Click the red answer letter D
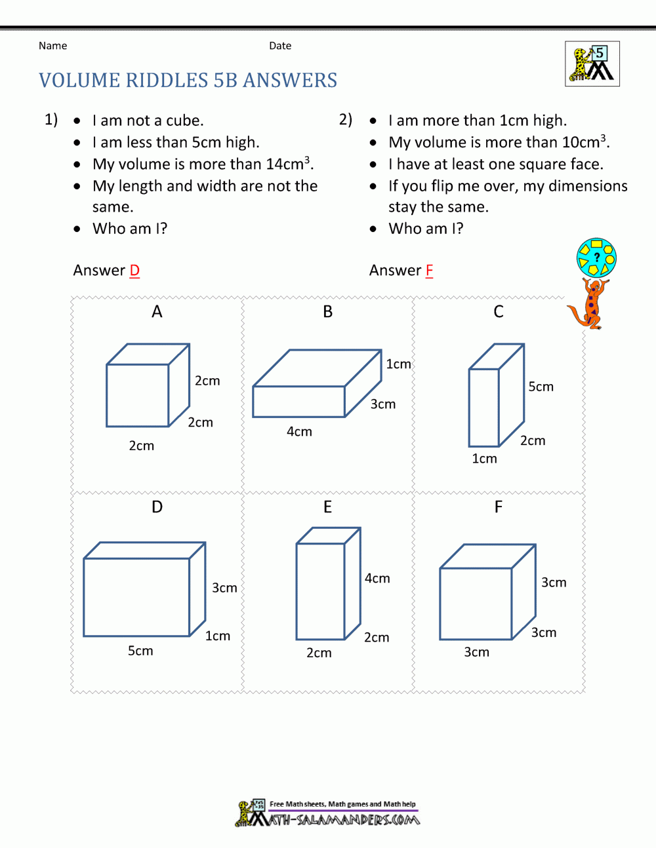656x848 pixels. [x=134, y=271]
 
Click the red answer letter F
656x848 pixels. [x=429, y=271]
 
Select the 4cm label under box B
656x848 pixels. [x=299, y=432]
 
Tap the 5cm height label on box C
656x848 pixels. [x=541, y=387]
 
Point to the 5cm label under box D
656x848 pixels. [x=140, y=651]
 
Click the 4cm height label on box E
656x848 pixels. [x=377, y=578]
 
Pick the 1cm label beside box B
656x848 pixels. [x=398, y=364]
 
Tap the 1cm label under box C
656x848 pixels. [x=484, y=459]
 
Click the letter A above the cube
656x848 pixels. [x=157, y=312]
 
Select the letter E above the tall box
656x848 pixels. [x=327, y=507]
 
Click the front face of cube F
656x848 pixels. [x=476, y=604]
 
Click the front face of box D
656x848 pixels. [x=136, y=597]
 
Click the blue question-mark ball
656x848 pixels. [x=596, y=258]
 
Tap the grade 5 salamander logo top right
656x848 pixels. [x=592, y=64]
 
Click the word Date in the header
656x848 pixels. [x=280, y=46]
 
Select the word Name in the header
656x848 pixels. [x=52, y=46]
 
